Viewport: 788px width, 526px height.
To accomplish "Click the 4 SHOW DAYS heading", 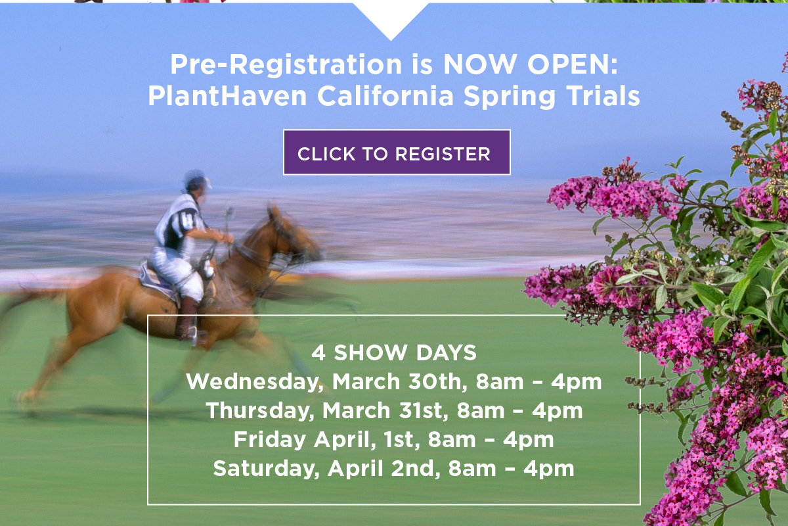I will pyautogui.click(x=394, y=353).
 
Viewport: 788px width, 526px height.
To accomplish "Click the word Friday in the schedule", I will pyautogui.click(x=269, y=439).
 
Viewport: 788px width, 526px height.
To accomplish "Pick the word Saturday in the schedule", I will pyautogui.click(x=265, y=468).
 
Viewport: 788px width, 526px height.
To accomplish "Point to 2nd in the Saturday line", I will pyautogui.click(x=417, y=468).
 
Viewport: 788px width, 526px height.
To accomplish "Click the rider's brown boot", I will pyautogui.click(x=188, y=319).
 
